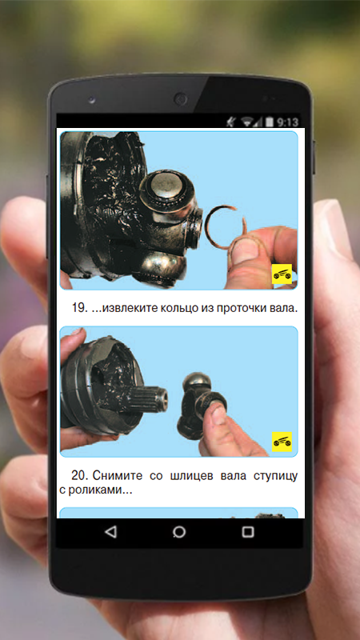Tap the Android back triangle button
[x=110, y=532]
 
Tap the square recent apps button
[x=248, y=532]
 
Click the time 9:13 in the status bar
[x=287, y=122]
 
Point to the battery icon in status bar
[x=270, y=122]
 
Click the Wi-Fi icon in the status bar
[x=247, y=122]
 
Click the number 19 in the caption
[x=78, y=308]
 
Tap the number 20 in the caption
[x=78, y=475]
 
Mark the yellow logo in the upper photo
[x=282, y=274]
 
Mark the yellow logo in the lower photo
[x=282, y=442]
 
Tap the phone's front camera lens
[x=179, y=98]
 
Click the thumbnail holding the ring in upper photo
[x=245, y=252]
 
